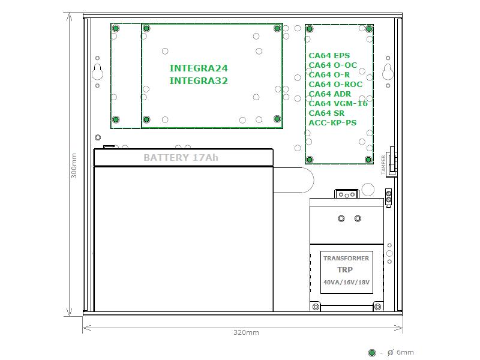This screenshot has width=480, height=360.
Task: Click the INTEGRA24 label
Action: pyautogui.click(x=199, y=68)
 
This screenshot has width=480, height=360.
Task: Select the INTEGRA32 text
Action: pyautogui.click(x=199, y=81)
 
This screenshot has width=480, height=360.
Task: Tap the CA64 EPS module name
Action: pyautogui.click(x=329, y=56)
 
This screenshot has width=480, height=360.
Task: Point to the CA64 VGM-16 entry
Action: pyautogui.click(x=338, y=103)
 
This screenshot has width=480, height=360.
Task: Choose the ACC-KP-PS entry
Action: pyautogui.click(x=332, y=123)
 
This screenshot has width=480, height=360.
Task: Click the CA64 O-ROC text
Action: pyautogui.click(x=335, y=85)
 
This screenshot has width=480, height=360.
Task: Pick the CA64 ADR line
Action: pyautogui.click(x=329, y=94)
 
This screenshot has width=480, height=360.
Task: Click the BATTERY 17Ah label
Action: pyautogui.click(x=181, y=158)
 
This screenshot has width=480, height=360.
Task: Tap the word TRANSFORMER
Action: pyautogui.click(x=346, y=259)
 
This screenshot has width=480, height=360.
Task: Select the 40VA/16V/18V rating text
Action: pyautogui.click(x=346, y=282)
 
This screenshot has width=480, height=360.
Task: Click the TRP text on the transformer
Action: pyautogui.click(x=345, y=269)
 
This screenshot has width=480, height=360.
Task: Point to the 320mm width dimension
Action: pyautogui.click(x=246, y=332)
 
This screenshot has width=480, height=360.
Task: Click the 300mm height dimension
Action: pyautogui.click(x=74, y=166)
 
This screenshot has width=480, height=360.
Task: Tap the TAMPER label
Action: pyautogui.click(x=383, y=165)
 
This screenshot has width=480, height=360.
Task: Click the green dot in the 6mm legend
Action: pyautogui.click(x=372, y=353)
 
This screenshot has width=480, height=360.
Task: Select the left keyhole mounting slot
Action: pyautogui.click(x=97, y=72)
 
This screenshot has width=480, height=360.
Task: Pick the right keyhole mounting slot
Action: pyautogui.click(x=388, y=72)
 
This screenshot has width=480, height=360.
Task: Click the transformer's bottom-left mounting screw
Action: pyautogui.click(x=316, y=307)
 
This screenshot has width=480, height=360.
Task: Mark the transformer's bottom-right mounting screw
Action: pyautogui.click(x=378, y=307)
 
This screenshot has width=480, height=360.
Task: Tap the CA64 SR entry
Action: pyautogui.click(x=326, y=113)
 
